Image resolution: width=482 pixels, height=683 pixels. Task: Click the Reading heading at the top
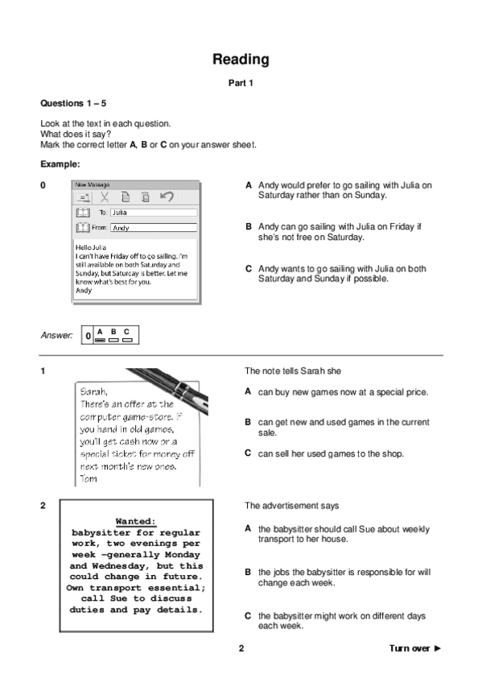point(241,60)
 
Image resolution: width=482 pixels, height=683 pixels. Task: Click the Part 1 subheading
point(241,83)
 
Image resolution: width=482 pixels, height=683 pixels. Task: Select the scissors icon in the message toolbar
point(105,197)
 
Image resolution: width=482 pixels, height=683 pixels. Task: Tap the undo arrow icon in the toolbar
point(167,197)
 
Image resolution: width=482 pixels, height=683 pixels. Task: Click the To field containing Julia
point(154,213)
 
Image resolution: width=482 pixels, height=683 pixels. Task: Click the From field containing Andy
point(154,228)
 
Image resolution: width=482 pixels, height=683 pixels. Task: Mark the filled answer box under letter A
point(100,340)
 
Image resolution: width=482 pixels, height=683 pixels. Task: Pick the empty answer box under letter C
point(127,340)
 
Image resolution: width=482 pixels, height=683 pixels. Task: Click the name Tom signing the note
point(89,478)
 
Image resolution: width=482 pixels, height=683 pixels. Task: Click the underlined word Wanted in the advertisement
point(135,521)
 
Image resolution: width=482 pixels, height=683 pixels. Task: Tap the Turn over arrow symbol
point(438,648)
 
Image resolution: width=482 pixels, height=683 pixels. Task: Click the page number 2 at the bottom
point(241,648)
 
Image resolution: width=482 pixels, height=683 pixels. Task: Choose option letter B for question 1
point(248,422)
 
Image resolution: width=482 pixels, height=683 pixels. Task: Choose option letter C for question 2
point(248,616)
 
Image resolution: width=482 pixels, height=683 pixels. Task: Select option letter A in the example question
point(249,185)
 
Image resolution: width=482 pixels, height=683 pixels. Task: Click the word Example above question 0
point(60,164)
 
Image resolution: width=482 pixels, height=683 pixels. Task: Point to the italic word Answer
point(56,335)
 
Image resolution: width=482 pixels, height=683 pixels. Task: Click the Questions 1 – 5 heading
point(73,104)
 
